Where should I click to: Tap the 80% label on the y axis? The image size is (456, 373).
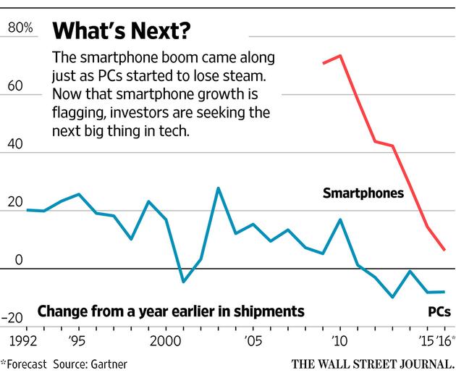point(20,29)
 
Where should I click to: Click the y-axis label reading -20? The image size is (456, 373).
point(20,317)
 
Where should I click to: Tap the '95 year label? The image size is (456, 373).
point(78,339)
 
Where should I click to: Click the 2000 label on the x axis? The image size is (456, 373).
point(165,339)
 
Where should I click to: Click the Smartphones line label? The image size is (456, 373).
point(363,193)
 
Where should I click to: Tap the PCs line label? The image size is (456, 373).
point(437,311)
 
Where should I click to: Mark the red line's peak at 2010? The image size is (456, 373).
point(340,55)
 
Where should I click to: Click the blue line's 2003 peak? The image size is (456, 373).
point(218,188)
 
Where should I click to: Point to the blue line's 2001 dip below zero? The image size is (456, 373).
point(183,282)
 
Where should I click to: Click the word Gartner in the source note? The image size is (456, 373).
point(107,361)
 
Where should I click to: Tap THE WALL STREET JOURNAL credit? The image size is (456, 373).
point(373,361)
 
